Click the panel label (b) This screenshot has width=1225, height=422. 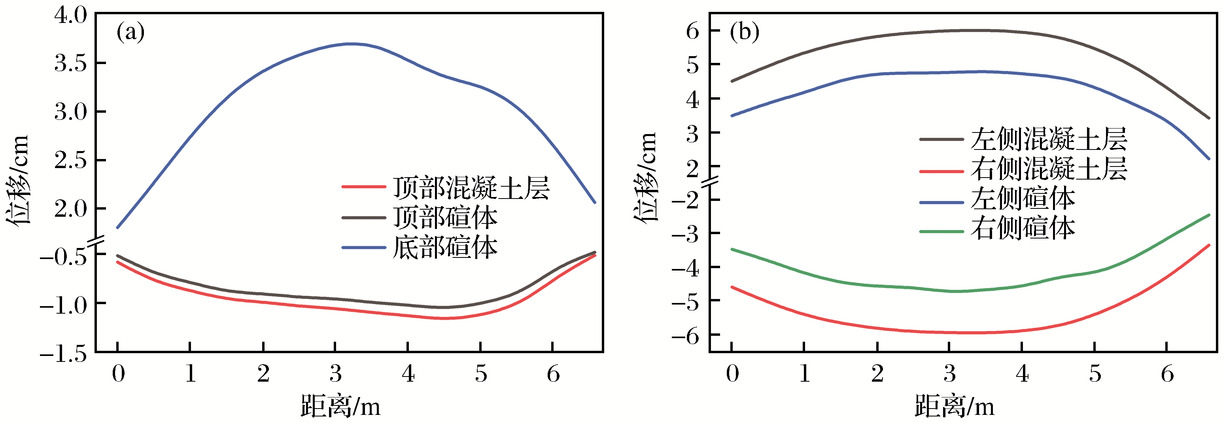[x=745, y=33]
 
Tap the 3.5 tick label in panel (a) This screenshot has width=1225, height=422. [x=71, y=63]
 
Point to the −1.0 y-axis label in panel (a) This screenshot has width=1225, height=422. [x=64, y=304]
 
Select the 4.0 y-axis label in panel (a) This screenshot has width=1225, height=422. [x=71, y=15]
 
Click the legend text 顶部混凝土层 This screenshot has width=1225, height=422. [x=471, y=187]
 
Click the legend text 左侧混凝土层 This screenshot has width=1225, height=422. [x=1049, y=139]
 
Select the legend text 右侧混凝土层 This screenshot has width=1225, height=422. [x=1049, y=169]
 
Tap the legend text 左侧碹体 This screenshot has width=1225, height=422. [x=1023, y=199]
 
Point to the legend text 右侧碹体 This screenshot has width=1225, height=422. [x=1023, y=228]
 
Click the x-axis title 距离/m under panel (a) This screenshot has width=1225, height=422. [x=340, y=406]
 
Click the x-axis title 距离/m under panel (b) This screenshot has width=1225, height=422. [x=955, y=406]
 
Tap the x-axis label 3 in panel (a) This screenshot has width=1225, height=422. [x=336, y=374]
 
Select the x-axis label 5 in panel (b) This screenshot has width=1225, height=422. [x=1095, y=374]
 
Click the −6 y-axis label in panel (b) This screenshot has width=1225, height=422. [x=685, y=336]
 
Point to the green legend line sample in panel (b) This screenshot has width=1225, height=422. [x=941, y=232]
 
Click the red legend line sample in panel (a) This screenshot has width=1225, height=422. [x=363, y=187]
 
